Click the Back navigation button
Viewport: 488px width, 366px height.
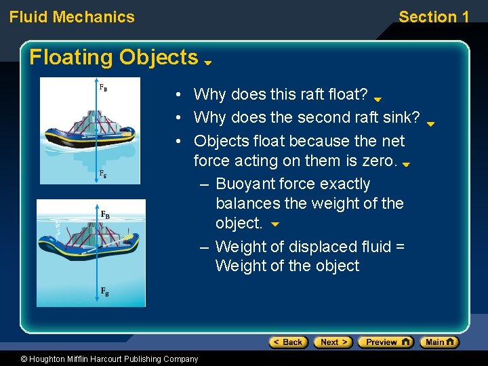[288, 342]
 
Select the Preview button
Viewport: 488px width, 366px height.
[385, 342]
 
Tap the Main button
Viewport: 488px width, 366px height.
[439, 342]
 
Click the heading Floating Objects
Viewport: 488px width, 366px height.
[114, 58]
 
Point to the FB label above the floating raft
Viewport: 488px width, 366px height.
[103, 87]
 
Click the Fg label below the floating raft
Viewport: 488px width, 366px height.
[103, 174]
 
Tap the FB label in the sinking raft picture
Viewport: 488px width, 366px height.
[105, 215]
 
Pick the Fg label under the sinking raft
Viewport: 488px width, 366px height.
[105, 291]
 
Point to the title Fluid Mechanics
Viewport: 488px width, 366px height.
[72, 17]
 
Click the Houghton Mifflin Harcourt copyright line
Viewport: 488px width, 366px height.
[109, 359]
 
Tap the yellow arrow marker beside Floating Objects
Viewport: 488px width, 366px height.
[208, 62]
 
